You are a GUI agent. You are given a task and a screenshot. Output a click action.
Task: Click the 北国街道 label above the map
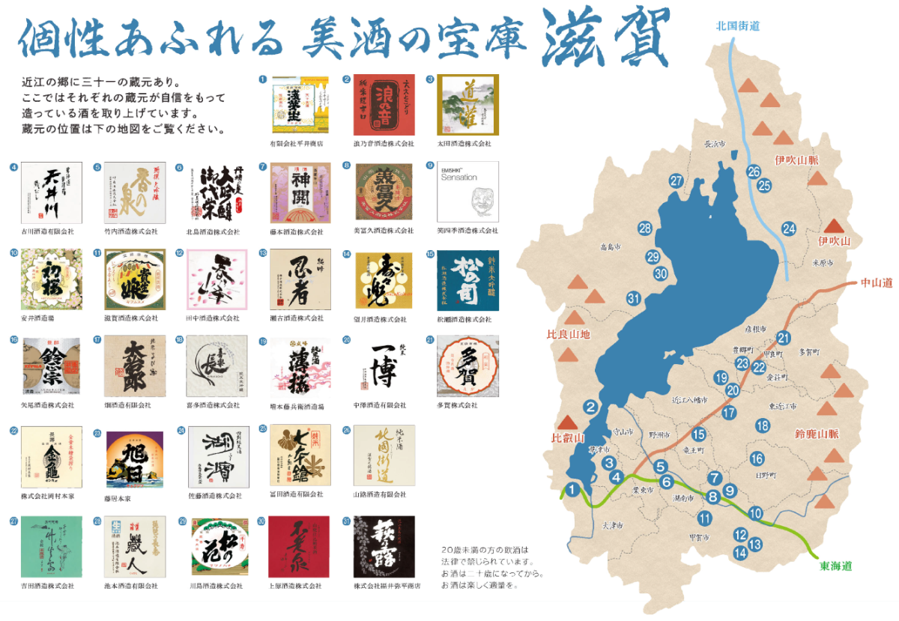click(x=738, y=25)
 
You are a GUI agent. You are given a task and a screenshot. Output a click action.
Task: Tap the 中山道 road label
click(x=876, y=283)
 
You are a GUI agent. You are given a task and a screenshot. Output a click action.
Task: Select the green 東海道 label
click(x=836, y=566)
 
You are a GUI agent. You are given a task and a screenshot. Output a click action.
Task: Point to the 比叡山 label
click(x=567, y=439)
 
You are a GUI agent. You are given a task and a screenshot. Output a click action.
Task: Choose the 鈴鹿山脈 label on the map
click(x=817, y=434)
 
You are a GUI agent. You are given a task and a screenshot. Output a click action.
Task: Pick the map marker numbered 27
click(x=676, y=181)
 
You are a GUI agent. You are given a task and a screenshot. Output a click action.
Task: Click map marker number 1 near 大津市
click(x=573, y=490)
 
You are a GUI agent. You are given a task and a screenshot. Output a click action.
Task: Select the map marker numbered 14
click(x=740, y=553)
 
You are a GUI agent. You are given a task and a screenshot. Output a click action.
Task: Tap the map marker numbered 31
click(x=634, y=300)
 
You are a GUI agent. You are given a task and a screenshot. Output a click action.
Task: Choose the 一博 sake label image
click(x=382, y=366)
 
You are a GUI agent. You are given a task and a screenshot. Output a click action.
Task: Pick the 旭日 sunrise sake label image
click(x=135, y=459)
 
